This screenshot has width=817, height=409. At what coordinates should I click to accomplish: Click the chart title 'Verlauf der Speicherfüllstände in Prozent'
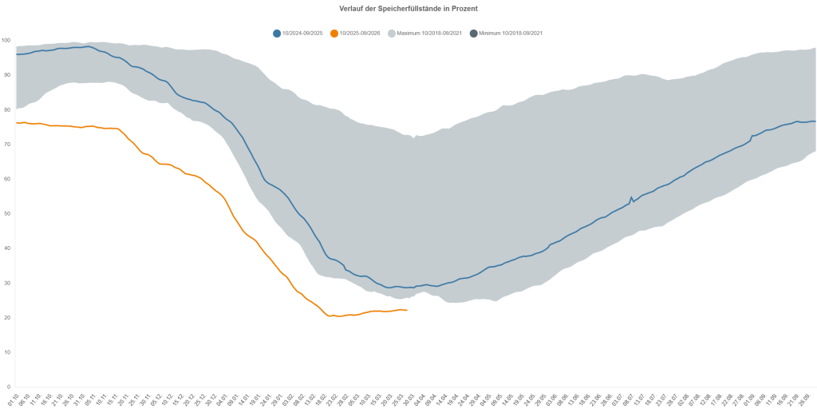(408, 9)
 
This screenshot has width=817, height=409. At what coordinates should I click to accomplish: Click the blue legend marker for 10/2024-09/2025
(277, 34)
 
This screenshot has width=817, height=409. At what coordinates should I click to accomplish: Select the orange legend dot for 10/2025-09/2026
(334, 34)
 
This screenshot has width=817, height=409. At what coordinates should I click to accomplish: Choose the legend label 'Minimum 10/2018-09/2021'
(511, 34)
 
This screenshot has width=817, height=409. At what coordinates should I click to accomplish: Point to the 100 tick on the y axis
(6, 40)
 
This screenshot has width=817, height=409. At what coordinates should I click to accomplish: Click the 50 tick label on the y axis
(6, 213)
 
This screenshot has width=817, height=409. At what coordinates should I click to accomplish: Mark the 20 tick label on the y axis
(6, 317)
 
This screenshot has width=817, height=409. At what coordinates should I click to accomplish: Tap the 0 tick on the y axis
(8, 387)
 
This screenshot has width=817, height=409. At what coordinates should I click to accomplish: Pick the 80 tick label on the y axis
(6, 109)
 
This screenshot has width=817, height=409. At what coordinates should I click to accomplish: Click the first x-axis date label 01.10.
(14, 397)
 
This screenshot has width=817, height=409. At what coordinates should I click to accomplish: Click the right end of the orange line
(407, 310)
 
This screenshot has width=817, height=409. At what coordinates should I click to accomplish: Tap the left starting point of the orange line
(16, 122)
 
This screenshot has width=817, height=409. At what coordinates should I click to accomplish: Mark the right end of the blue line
(815, 121)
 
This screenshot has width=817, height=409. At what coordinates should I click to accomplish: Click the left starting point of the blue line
(16, 54)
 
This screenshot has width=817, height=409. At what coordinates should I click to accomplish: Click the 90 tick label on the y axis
(6, 75)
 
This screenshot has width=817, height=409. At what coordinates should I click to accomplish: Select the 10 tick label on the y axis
(6, 352)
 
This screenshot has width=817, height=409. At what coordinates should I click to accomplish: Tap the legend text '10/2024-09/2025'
(302, 34)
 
